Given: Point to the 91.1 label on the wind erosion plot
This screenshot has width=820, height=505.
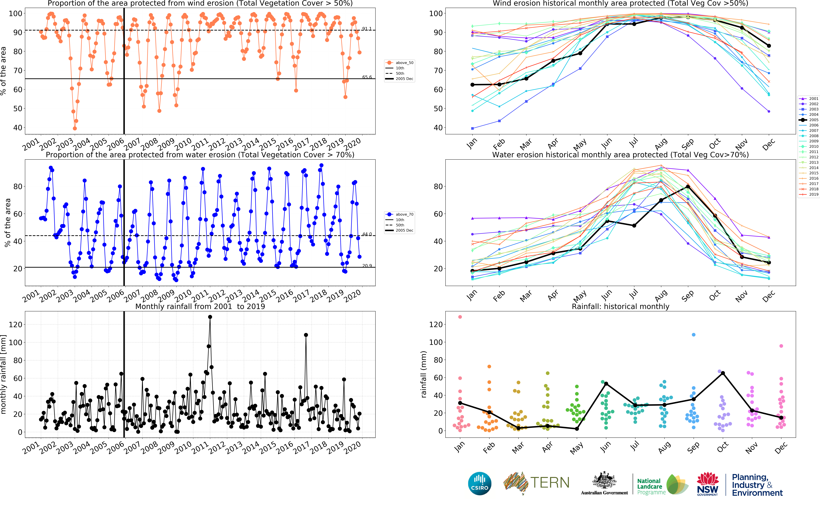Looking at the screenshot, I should point(367,29).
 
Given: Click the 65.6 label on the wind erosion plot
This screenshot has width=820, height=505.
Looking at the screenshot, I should point(367,77).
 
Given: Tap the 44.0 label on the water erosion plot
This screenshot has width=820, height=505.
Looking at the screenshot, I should point(367,234).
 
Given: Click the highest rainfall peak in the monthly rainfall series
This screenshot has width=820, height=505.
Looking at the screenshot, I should point(210,317).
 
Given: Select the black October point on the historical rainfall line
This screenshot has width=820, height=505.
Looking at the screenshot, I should point(723,373).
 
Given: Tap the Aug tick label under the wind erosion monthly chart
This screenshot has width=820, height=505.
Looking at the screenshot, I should point(661,144).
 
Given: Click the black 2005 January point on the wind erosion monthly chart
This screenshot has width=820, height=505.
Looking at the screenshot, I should point(472,85).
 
